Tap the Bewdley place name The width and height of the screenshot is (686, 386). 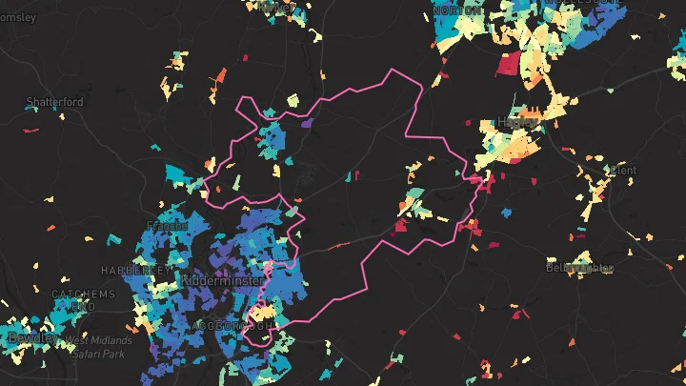pos(29,337)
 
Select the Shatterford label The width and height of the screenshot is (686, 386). pos(54,102)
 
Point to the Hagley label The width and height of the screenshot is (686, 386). pos(515,122)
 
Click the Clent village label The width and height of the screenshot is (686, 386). pos(623,171)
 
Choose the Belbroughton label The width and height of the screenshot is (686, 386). pos(579,268)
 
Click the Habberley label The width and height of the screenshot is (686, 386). pos(135,270)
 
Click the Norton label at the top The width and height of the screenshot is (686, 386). pos(457,10)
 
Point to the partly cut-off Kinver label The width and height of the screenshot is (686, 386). pos(278,6)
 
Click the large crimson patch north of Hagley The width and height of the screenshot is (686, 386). pos(509,63)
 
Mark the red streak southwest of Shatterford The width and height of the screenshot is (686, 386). pos(30,130)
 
